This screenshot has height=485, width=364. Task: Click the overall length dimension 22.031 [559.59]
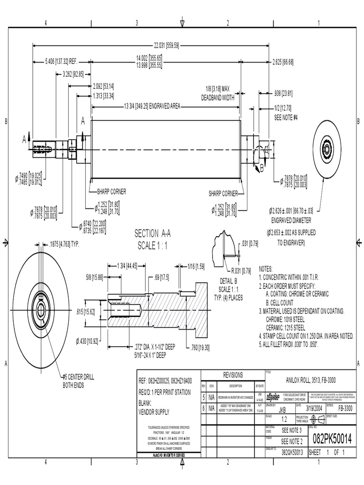point(165,45)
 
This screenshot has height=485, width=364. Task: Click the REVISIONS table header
point(233,375)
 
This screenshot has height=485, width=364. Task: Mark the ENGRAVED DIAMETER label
point(291,220)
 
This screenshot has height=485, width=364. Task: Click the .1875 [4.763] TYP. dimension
point(68,245)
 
